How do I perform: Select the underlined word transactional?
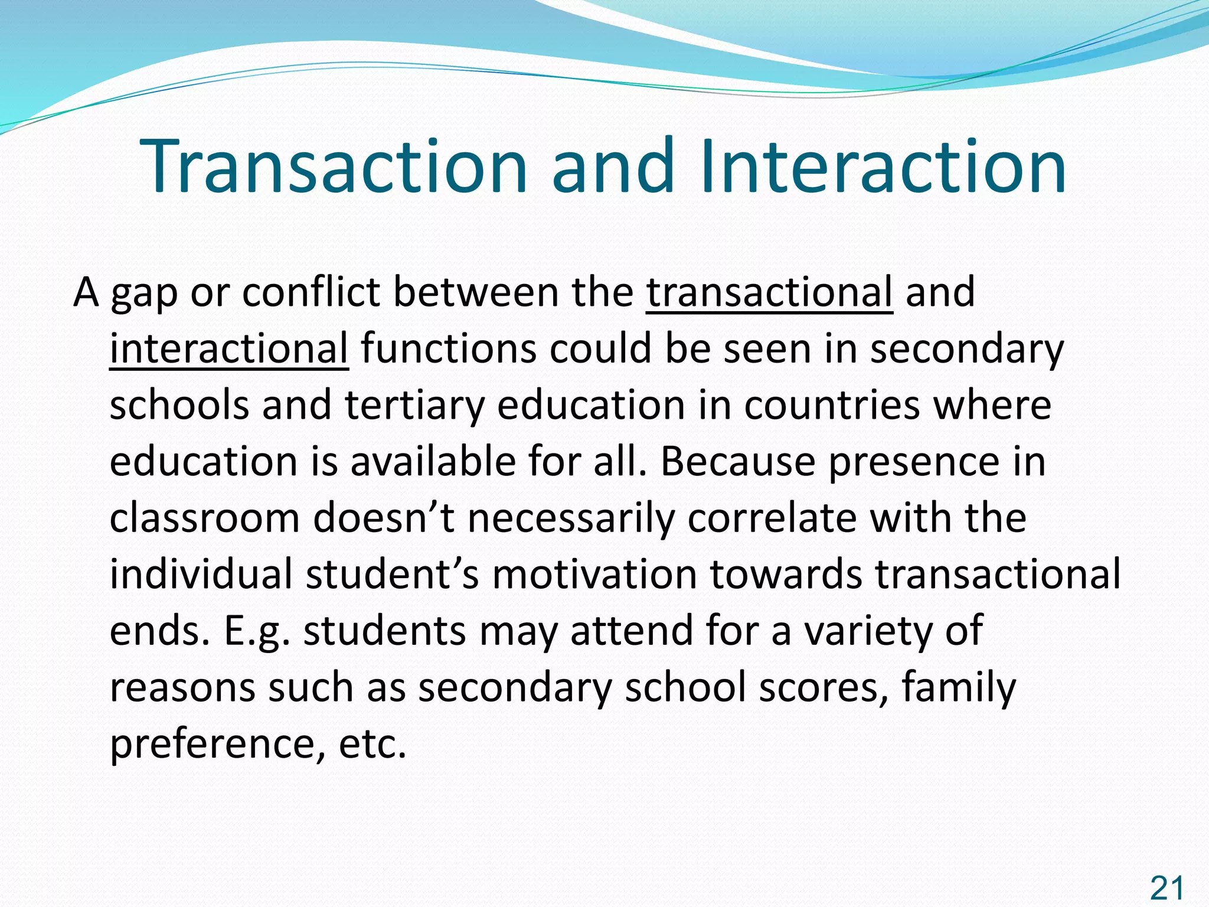(x=769, y=292)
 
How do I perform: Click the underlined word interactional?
(x=229, y=348)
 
